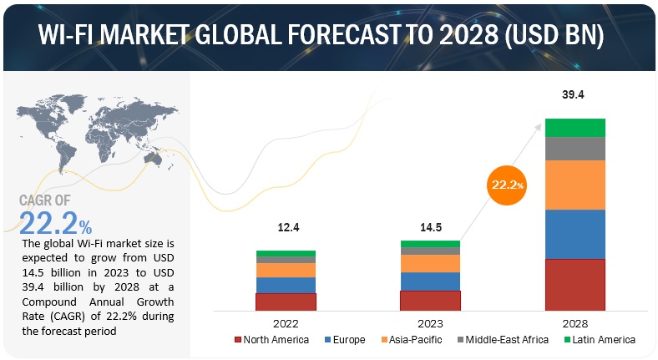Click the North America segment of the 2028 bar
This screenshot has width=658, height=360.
(x=574, y=284)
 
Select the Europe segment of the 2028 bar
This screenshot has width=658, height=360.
(x=574, y=234)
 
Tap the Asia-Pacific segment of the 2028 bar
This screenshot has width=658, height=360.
(x=574, y=185)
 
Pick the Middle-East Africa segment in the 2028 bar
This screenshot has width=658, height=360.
(x=574, y=148)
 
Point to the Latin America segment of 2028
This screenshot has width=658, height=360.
(x=574, y=127)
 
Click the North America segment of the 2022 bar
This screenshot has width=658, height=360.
(x=286, y=302)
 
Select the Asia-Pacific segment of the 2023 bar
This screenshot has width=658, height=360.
(x=430, y=263)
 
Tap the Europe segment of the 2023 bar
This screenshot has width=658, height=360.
(x=430, y=281)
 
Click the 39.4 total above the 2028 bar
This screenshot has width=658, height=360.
(x=574, y=95)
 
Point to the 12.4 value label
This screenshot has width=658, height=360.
(x=286, y=228)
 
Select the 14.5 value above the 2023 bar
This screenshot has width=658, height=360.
(x=429, y=228)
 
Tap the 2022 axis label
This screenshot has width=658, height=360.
(x=286, y=322)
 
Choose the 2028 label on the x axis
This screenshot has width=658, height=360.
(x=574, y=322)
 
